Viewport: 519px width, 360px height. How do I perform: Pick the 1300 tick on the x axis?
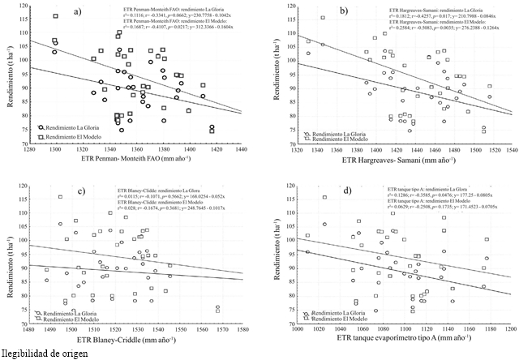pyautogui.click(x=55, y=150)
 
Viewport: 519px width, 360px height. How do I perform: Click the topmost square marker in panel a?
pyautogui.click(x=55, y=16)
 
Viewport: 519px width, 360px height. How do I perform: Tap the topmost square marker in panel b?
pyautogui.click(x=323, y=18)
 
